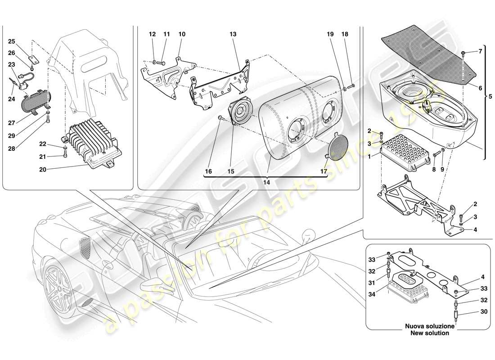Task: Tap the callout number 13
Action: (233, 34)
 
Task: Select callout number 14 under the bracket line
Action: (266, 183)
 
